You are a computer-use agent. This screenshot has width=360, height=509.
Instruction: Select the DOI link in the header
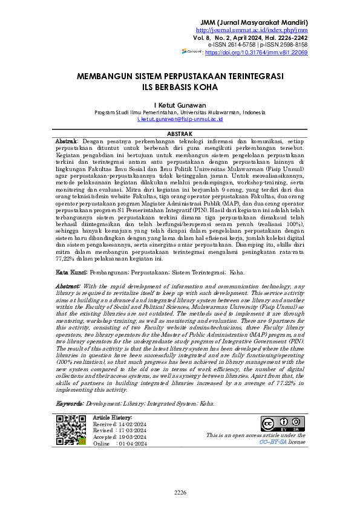[257, 53]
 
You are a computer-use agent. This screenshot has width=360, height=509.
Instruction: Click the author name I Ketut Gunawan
[179, 105]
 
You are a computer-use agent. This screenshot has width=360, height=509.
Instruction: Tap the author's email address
[179, 120]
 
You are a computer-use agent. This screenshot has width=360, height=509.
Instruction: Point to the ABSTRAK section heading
[179, 133]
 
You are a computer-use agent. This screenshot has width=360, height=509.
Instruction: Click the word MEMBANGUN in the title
[106, 77]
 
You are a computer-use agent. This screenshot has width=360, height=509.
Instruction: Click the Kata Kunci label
[70, 273]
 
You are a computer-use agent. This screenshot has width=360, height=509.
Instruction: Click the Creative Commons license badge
[278, 424]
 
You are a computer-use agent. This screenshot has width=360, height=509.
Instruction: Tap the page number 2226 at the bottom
[180, 493]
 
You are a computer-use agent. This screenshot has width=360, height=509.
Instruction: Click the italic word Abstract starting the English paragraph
[68, 286]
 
